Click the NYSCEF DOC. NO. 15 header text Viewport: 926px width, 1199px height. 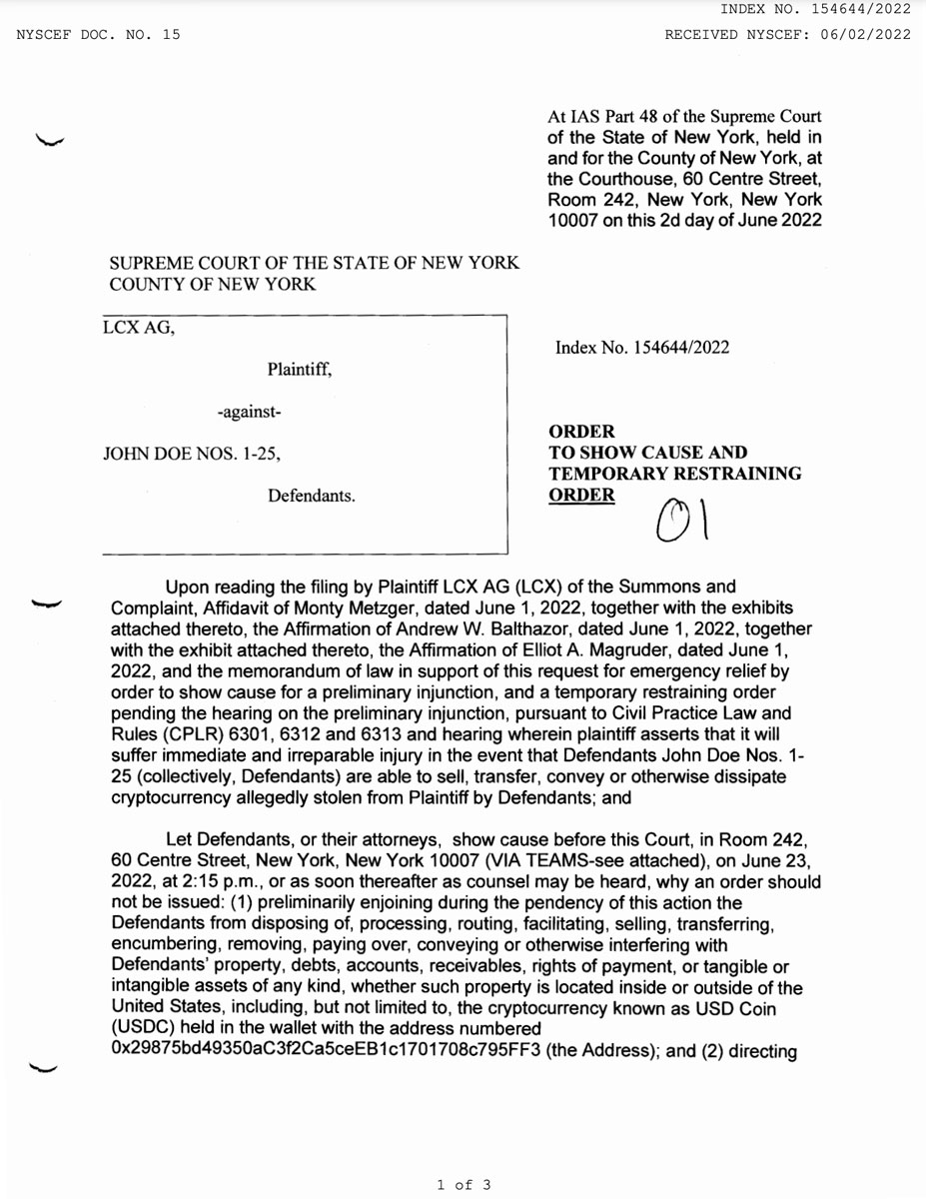[x=98, y=35]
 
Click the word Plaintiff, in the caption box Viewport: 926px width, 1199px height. [x=299, y=370]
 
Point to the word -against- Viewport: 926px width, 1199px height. [x=249, y=412]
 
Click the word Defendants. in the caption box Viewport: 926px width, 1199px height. [x=312, y=495]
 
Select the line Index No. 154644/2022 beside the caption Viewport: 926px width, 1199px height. [x=642, y=348]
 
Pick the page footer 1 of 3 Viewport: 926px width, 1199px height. [x=463, y=1185]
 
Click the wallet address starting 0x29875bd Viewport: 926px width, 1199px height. [x=324, y=1051]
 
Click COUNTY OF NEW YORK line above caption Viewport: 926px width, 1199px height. [x=212, y=285]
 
